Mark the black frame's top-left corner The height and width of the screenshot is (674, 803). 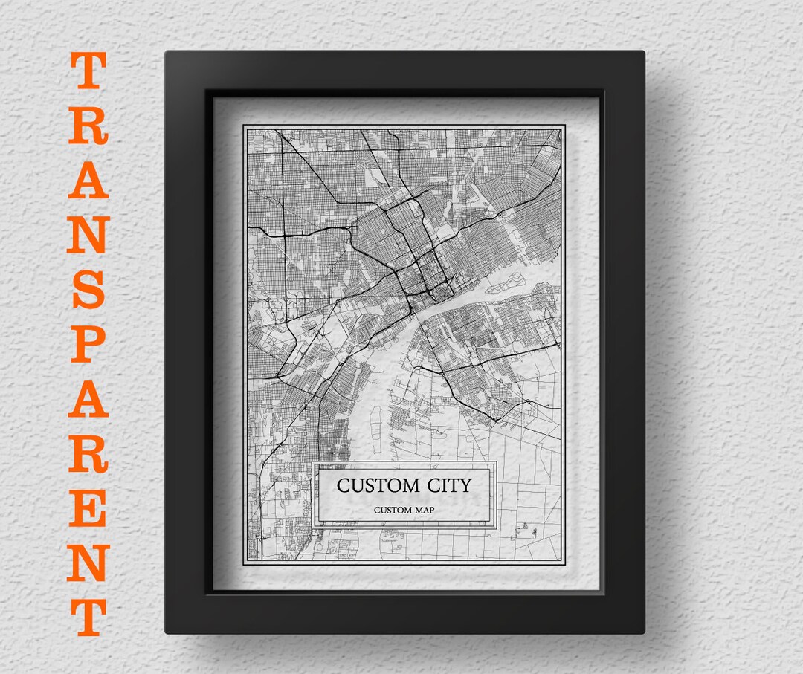click(168, 54)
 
